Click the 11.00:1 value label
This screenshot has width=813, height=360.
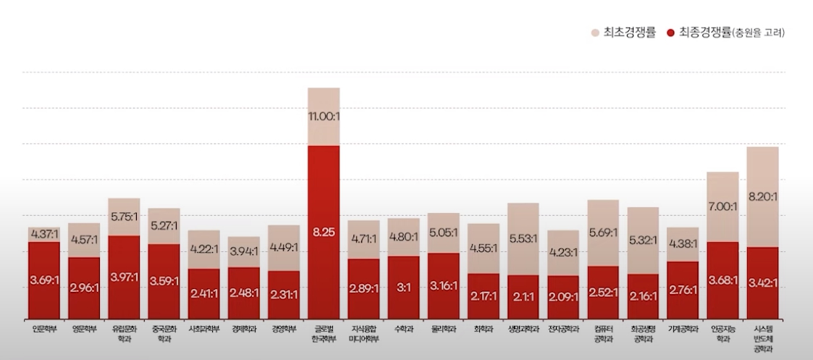[x=324, y=116]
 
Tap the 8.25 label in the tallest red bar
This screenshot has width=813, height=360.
[x=324, y=233]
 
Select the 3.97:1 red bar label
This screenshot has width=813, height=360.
[x=124, y=277]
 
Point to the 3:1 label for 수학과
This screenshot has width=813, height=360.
[x=403, y=288]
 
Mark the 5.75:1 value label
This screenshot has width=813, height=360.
[x=124, y=216]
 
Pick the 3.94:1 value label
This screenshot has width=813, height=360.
[x=244, y=251]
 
